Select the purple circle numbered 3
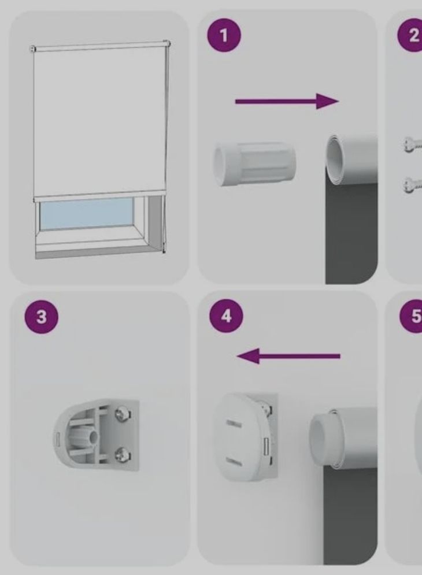coord(42,317)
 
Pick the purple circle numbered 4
coord(226,316)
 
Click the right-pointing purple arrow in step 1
coord(287,101)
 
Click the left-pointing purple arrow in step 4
coord(288,356)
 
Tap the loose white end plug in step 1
coord(254,164)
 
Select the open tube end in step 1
coord(335,159)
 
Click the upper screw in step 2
coord(412,144)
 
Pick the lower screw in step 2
coord(412,184)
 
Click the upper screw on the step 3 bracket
coord(121,415)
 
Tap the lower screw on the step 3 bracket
coord(121,455)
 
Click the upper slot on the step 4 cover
coord(232,423)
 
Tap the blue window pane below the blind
coord(87,216)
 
